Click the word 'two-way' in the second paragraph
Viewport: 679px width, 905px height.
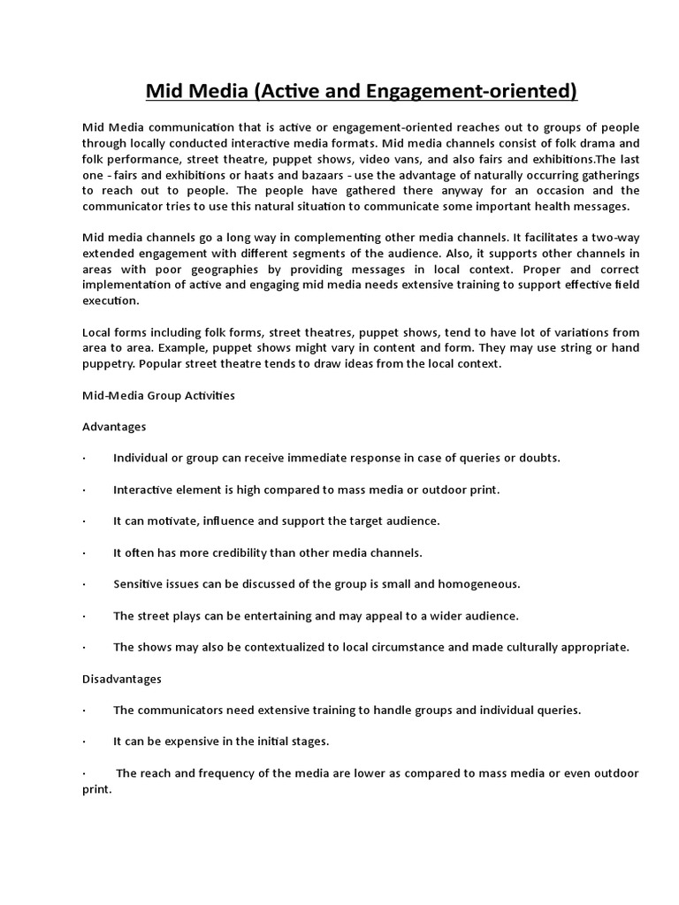coord(617,238)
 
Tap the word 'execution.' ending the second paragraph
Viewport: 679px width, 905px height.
coord(111,300)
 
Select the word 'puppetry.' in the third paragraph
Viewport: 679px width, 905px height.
coord(111,363)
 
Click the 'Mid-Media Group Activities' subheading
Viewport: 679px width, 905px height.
coord(158,395)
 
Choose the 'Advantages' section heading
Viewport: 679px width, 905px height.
coord(114,426)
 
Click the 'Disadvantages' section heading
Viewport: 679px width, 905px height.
coord(122,679)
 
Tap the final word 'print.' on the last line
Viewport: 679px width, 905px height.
coord(97,789)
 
